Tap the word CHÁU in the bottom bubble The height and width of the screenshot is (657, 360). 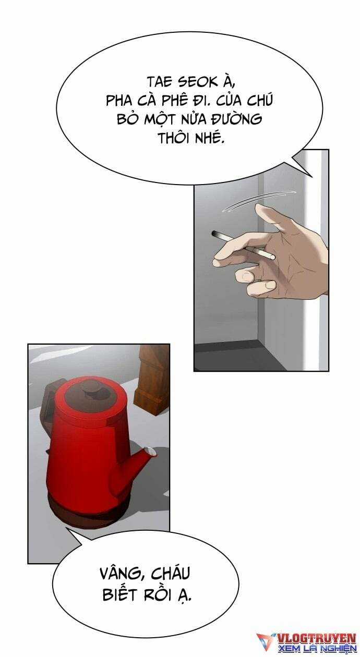171,572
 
